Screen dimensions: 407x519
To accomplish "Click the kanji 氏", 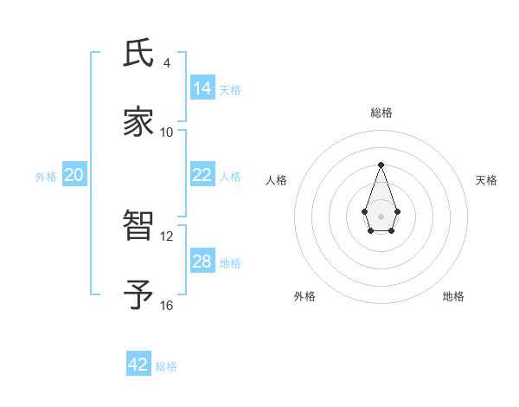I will tap(138, 55).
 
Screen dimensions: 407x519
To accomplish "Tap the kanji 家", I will tap(138, 122).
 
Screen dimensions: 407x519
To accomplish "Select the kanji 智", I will tap(138, 228).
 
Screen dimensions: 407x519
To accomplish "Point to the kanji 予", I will tap(138, 294).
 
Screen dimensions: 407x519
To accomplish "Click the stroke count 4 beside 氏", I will tap(167, 63).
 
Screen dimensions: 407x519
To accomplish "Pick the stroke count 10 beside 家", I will tap(167, 132).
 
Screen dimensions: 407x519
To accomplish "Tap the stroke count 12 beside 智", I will tap(167, 236).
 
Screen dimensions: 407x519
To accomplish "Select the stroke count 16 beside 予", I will tap(167, 305).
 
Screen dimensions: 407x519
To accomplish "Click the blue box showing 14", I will tap(202, 87).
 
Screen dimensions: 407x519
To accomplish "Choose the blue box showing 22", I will tap(202, 175).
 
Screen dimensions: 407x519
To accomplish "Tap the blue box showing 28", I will tap(202, 262).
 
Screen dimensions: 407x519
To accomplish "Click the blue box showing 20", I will tap(74, 175).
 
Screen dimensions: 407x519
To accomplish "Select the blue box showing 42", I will tap(138, 365).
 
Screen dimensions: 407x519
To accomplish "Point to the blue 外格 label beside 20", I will tap(46, 176).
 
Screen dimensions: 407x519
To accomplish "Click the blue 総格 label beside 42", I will tap(166, 365).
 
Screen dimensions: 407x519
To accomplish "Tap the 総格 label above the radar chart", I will tap(381, 113).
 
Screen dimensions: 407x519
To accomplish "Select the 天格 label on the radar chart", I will tap(486, 180).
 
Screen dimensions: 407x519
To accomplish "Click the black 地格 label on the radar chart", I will tap(453, 296).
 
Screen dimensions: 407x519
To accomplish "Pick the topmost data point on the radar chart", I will tap(381, 165).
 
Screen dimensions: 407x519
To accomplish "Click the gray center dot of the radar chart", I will tap(381, 215).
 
